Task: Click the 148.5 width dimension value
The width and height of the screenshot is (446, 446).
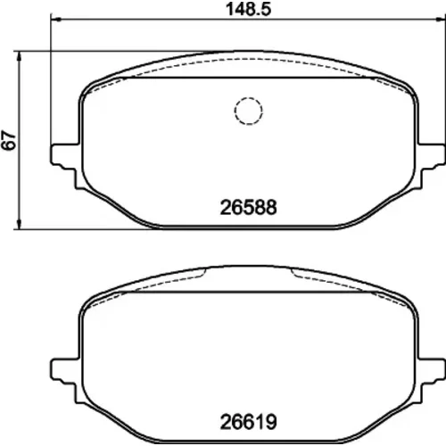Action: pyautogui.click(x=249, y=9)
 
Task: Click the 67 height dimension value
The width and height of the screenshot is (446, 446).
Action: pyautogui.click(x=9, y=140)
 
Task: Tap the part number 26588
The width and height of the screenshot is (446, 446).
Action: pyautogui.click(x=248, y=207)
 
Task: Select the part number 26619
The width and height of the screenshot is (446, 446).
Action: pyautogui.click(x=248, y=422)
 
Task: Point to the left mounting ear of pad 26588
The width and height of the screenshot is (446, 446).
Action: pyautogui.click(x=65, y=163)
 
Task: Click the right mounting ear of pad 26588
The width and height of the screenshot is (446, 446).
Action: pyautogui.click(x=432, y=163)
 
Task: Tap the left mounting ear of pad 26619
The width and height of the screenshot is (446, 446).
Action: pyautogui.click(x=65, y=377)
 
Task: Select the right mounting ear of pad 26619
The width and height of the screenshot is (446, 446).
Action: pyautogui.click(x=432, y=377)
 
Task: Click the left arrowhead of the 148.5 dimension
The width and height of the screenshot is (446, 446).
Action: pyautogui.click(x=55, y=20)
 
